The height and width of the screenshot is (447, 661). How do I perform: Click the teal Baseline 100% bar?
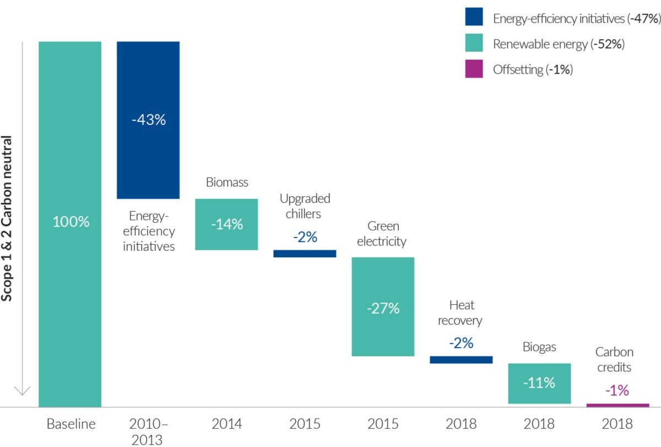click(x=70, y=223)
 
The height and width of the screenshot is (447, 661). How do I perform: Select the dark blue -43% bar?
click(x=148, y=120)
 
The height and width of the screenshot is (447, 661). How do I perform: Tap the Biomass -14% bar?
click(x=226, y=224)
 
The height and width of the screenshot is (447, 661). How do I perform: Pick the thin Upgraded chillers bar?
click(x=305, y=254)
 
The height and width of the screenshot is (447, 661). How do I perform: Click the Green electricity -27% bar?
click(x=383, y=306)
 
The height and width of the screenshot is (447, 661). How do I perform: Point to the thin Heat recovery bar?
click(x=461, y=359)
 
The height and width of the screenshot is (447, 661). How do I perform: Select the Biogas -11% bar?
click(x=539, y=383)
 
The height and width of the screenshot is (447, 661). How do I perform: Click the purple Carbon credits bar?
click(x=617, y=405)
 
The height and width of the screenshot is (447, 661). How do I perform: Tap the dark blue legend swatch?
click(x=474, y=18)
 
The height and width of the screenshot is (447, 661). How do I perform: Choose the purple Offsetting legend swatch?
click(x=474, y=69)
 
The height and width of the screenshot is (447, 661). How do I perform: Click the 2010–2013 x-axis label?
click(x=148, y=432)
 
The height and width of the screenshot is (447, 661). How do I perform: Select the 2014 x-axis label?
click(x=226, y=424)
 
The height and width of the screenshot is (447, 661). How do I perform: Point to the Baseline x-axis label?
click(x=71, y=424)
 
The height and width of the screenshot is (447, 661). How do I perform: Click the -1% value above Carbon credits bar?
click(x=617, y=390)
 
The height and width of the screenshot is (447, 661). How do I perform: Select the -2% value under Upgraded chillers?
click(x=305, y=237)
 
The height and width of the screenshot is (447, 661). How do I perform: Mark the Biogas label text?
click(x=539, y=347)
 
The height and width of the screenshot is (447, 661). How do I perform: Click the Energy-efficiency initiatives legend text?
click(x=576, y=18)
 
